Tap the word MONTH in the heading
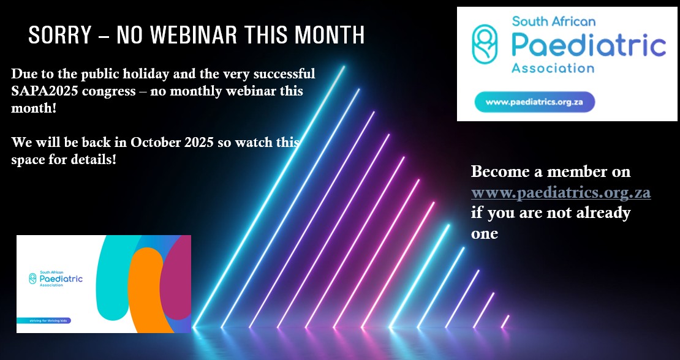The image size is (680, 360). click(x=329, y=35)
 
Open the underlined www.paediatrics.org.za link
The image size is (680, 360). click(x=561, y=193)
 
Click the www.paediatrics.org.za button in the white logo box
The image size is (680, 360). click(x=534, y=102)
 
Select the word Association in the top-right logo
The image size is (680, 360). click(x=553, y=67)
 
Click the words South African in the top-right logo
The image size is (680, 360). click(x=553, y=21)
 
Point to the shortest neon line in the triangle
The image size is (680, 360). click(x=505, y=321)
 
